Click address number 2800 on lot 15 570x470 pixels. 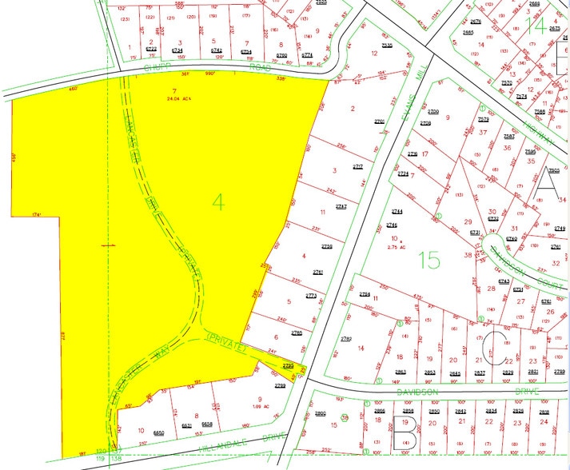321,412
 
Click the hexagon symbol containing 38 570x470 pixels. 345,417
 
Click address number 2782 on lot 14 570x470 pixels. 348,339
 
